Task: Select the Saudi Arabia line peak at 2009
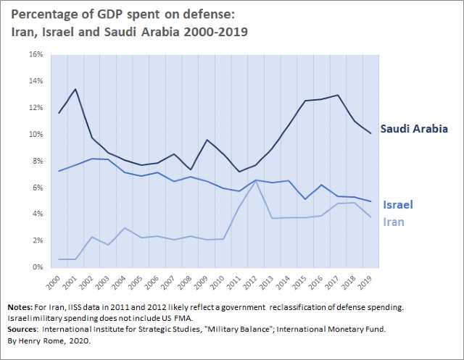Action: tap(207, 140)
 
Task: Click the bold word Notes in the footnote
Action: tap(20, 308)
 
